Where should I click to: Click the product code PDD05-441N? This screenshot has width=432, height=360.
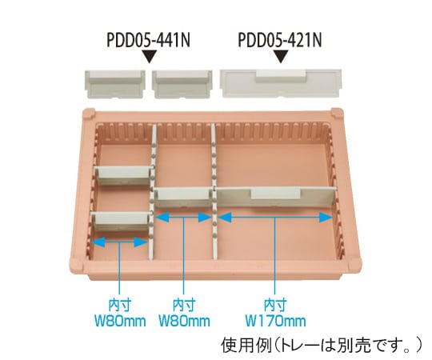148,40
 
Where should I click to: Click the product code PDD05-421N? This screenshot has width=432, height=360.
280,40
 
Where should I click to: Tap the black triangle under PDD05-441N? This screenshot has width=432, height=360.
150,56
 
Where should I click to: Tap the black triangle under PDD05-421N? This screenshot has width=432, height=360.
281,56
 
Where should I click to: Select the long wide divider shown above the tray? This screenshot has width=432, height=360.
281,83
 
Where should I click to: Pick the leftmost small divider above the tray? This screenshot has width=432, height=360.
114,84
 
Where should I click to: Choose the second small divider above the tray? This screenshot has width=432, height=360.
182,84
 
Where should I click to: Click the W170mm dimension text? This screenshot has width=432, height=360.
275,321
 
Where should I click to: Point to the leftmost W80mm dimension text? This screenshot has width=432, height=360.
120,321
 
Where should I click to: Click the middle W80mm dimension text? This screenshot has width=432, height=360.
184,321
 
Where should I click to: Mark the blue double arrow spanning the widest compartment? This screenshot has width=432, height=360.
275,218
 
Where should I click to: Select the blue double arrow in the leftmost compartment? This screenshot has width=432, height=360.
119,242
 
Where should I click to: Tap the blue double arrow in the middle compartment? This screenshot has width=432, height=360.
183,218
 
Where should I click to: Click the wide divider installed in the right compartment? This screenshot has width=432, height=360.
276,197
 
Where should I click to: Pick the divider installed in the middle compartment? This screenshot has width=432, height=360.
183,197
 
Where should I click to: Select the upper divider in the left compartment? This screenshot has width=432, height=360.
123,175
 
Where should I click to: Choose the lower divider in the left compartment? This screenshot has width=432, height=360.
121,221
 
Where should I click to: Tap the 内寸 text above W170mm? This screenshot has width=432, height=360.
275,306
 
